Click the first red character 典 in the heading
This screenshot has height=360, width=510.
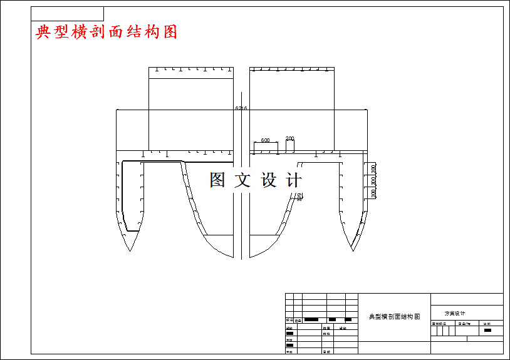pos(43,32)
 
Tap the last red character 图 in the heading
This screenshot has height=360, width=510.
pos(170,32)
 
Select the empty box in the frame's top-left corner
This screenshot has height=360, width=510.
pos(67,14)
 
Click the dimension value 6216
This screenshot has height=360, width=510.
pos(241,108)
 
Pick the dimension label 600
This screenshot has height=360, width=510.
pos(265,140)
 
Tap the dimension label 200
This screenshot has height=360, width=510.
pos(289,138)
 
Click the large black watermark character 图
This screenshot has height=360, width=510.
pos(217,180)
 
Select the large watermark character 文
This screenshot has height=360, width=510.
pos(242,180)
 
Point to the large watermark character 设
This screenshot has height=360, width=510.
pos(268,180)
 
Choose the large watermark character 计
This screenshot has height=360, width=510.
pos(293,180)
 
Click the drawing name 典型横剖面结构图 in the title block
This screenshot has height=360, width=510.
pos(394,317)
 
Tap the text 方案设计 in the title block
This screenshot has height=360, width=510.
pos(455,313)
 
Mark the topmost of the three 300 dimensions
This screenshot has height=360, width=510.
pos(373,168)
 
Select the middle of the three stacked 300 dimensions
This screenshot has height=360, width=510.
pos(373,180)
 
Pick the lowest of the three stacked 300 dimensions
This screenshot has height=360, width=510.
pos(373,193)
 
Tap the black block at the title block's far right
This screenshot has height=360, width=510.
pos(487,330)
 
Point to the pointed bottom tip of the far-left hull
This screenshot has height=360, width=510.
pos(129,250)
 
